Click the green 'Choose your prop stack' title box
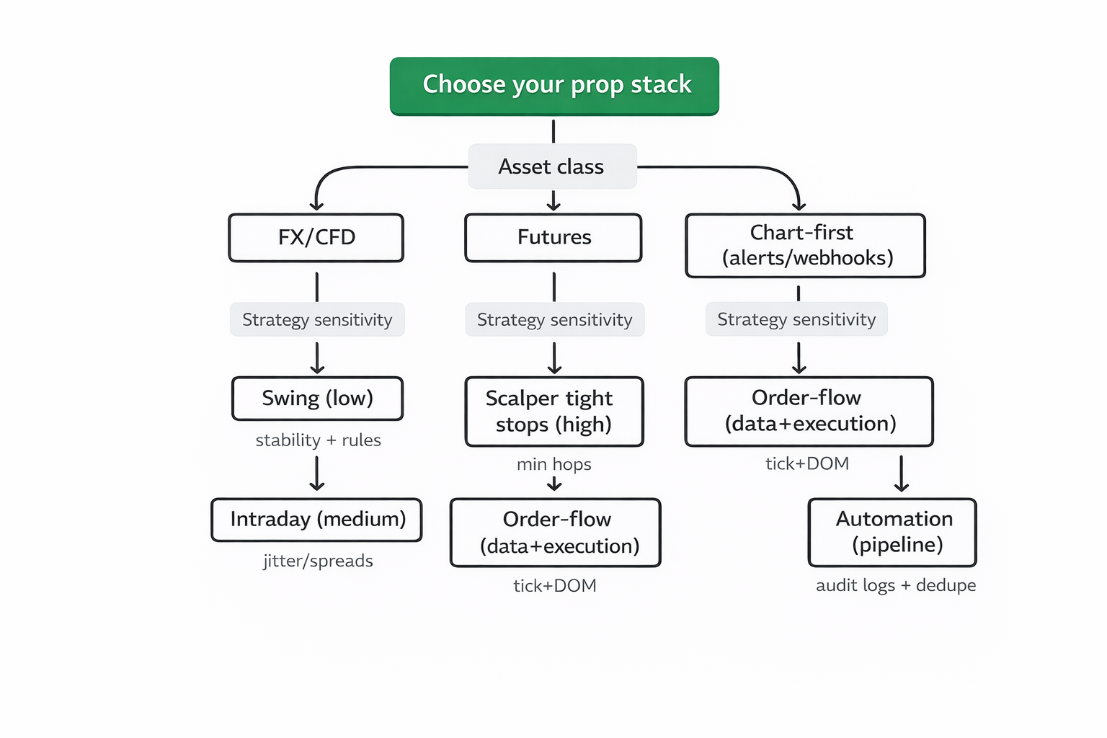554,86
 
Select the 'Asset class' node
552,166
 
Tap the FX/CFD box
316,238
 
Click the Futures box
553,238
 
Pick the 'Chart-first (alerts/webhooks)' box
806,246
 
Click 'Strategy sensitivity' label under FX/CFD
317,320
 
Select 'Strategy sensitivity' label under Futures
554,320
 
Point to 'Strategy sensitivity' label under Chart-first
796,319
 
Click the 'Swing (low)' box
317,399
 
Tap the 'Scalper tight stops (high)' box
553,412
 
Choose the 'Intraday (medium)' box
317,520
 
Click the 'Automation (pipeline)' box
893,533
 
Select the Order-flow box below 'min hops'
556,533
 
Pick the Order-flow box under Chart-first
809,412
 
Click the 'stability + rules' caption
318,440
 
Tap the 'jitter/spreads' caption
318,561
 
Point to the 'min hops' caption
553,465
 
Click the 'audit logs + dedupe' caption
896,585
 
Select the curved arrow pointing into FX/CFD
339,173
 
